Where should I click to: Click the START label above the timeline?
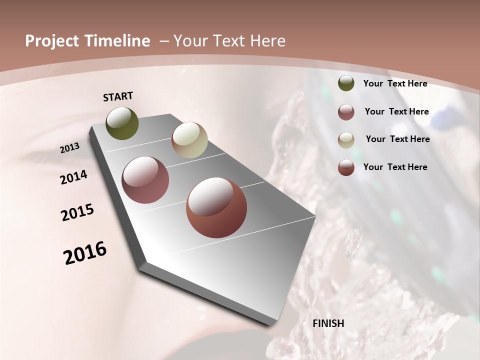pyautogui.click(x=118, y=96)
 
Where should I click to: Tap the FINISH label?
pyautogui.click(x=328, y=323)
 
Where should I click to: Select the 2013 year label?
pyautogui.click(x=70, y=147)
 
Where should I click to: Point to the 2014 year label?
pyautogui.click(x=74, y=177)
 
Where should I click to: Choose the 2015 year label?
pyautogui.click(x=77, y=212)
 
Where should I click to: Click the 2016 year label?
pyautogui.click(x=85, y=252)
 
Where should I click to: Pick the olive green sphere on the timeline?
pyautogui.click(x=122, y=123)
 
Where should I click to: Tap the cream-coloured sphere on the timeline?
pyautogui.click(x=189, y=140)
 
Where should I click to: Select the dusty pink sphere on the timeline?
pyautogui.click(x=145, y=180)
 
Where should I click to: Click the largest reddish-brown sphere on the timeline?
pyautogui.click(x=216, y=207)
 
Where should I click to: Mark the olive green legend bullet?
pyautogui.click(x=346, y=83)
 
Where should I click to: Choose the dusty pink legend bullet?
pyautogui.click(x=346, y=112)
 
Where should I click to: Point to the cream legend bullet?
pyautogui.click(x=346, y=139)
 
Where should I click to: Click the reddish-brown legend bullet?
pyautogui.click(x=346, y=167)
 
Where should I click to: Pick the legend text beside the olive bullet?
pyautogui.click(x=395, y=83)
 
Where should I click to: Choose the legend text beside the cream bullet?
pyautogui.click(x=397, y=139)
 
